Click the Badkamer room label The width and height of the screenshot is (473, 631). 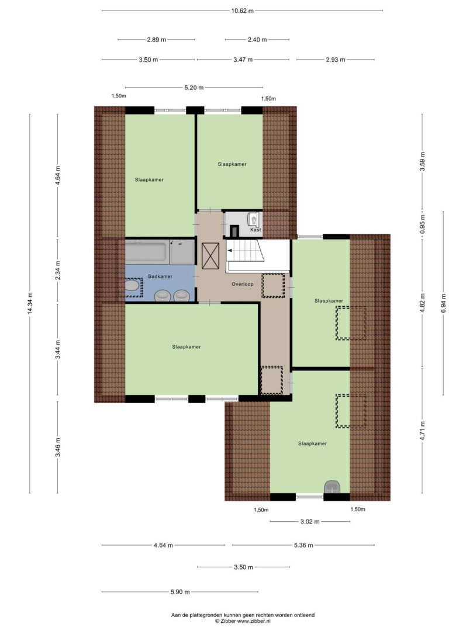160,276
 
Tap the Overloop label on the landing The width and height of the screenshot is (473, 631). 242,284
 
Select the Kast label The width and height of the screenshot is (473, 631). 256,230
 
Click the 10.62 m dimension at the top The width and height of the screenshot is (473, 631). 242,11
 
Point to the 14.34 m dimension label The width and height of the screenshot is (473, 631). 30,304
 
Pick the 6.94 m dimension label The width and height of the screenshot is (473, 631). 443,303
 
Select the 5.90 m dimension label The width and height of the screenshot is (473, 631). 180,592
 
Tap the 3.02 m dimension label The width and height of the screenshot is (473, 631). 310,522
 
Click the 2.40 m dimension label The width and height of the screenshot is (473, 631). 257,40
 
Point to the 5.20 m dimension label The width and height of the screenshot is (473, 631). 194,87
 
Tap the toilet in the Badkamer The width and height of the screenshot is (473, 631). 132,286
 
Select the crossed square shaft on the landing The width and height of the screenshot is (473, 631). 210,256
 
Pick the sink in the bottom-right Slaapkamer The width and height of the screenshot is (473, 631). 332,486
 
